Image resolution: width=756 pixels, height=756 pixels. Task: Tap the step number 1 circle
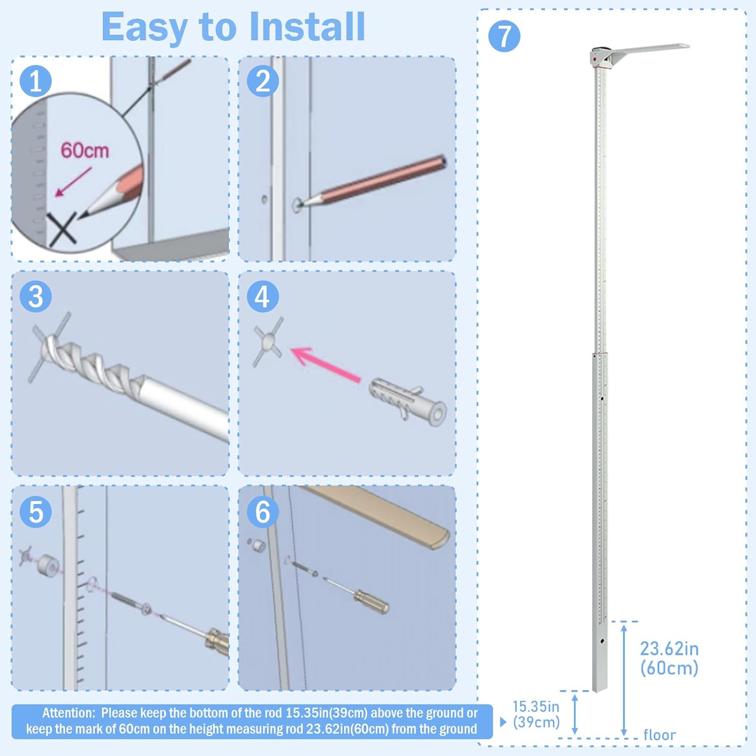(36, 81)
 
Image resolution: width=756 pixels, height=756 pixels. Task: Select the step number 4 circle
(263, 296)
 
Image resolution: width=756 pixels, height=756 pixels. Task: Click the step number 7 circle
(504, 36)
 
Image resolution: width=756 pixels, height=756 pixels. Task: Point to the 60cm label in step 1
(85, 150)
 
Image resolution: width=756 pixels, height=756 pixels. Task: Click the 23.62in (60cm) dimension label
(669, 658)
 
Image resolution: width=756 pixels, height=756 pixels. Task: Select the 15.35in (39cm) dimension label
(536, 714)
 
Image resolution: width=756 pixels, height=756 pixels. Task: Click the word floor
(659, 735)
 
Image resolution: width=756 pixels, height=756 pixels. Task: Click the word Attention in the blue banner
(69, 713)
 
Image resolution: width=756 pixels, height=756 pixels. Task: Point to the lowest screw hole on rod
(602, 642)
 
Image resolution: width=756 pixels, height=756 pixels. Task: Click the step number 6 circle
(263, 512)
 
